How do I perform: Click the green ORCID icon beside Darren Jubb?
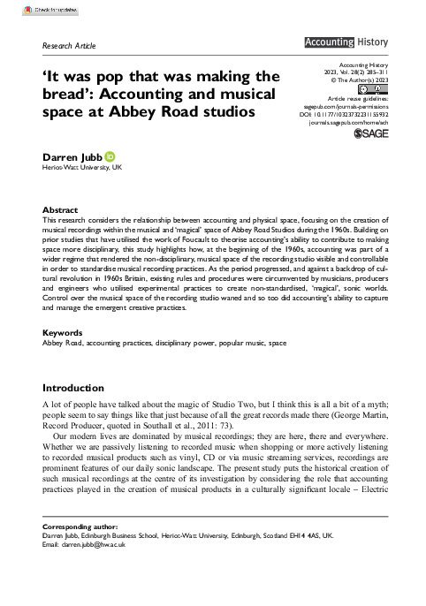pos(110,155)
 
